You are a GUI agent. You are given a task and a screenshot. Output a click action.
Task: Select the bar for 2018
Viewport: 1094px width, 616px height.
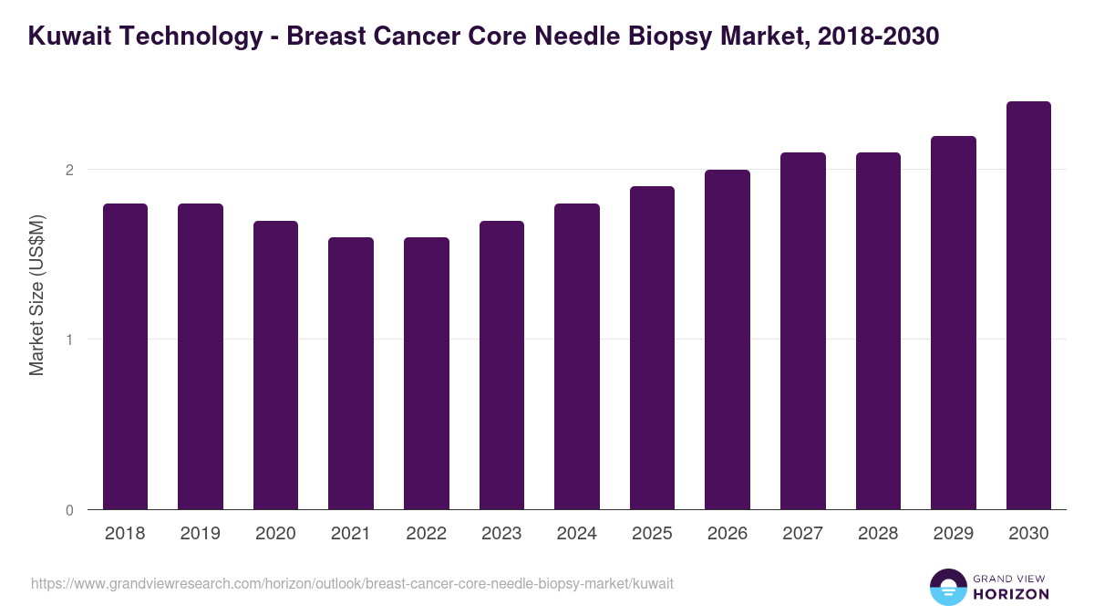(125, 356)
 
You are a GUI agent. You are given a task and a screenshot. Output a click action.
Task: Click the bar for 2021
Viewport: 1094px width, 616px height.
(351, 373)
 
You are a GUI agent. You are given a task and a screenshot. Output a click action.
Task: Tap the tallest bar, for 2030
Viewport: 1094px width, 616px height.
(1028, 306)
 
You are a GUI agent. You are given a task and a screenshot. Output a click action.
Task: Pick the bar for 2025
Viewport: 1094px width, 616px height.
(652, 348)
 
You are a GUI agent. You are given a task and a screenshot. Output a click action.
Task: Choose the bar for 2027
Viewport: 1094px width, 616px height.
(802, 330)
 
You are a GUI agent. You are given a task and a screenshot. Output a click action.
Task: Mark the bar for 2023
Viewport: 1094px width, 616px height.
(501, 365)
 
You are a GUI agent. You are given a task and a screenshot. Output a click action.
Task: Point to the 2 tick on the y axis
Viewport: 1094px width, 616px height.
(68, 170)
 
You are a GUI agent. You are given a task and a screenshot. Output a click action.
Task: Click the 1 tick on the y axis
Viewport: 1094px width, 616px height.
(68, 339)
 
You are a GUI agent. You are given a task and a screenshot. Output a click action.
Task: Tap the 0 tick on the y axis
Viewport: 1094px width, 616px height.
(68, 510)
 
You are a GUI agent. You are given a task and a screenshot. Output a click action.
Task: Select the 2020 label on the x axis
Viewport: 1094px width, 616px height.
(275, 534)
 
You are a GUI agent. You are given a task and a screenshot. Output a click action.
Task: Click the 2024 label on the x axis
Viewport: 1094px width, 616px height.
(576, 534)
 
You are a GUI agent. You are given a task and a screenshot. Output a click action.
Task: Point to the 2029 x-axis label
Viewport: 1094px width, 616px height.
(953, 534)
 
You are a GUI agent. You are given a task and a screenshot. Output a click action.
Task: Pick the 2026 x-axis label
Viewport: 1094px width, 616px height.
(727, 534)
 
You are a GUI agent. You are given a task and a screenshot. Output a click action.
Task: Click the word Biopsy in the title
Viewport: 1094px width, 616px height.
(654, 37)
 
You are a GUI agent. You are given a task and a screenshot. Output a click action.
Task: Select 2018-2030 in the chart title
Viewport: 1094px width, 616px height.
(873, 37)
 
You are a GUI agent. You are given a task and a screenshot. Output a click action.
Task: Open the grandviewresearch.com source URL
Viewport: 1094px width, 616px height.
(352, 583)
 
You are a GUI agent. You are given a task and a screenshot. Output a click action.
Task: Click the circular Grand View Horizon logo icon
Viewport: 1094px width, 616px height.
(947, 587)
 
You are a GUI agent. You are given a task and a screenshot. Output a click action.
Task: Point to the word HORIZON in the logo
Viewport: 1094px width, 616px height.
(1010, 594)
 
